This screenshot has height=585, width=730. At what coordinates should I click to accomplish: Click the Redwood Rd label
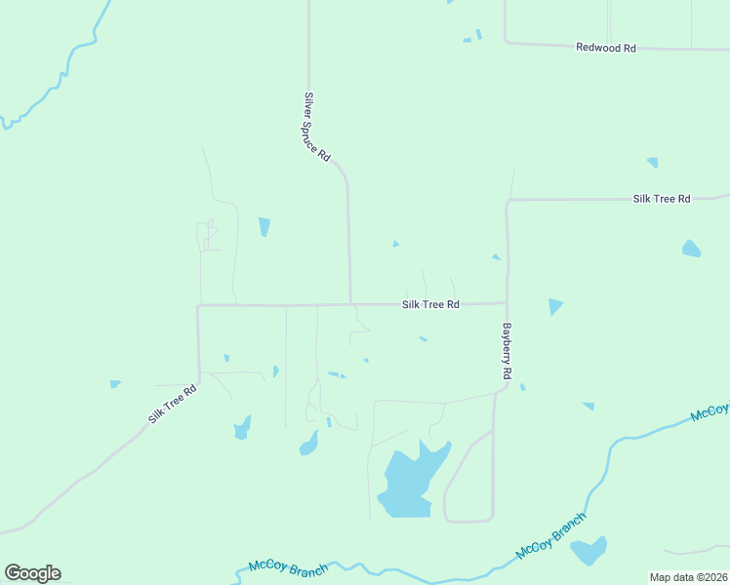[x=605, y=47]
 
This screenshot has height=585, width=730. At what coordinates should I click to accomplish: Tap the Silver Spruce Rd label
[x=317, y=127]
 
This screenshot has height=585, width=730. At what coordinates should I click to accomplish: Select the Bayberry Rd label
[x=507, y=351]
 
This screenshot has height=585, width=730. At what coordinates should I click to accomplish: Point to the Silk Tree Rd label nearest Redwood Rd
[x=661, y=199]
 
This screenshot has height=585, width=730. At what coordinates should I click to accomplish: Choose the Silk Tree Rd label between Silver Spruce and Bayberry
[x=430, y=304]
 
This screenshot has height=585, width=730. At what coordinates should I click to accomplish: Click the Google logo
[x=32, y=572]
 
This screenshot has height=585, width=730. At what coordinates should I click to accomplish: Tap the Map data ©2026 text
[x=688, y=577]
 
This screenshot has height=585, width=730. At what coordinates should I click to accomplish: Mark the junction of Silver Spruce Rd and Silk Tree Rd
[x=350, y=303]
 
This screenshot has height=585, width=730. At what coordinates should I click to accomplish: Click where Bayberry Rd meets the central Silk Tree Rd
[x=507, y=302]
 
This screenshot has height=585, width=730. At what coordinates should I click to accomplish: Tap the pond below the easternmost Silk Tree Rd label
[x=691, y=249]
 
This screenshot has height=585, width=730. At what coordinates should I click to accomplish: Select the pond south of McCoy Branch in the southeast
[x=589, y=551]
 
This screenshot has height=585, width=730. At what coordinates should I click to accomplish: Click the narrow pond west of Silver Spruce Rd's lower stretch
[x=264, y=227]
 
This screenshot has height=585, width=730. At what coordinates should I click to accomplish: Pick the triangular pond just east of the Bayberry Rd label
[x=554, y=306]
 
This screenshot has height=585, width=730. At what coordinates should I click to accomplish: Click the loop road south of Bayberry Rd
[x=469, y=478]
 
